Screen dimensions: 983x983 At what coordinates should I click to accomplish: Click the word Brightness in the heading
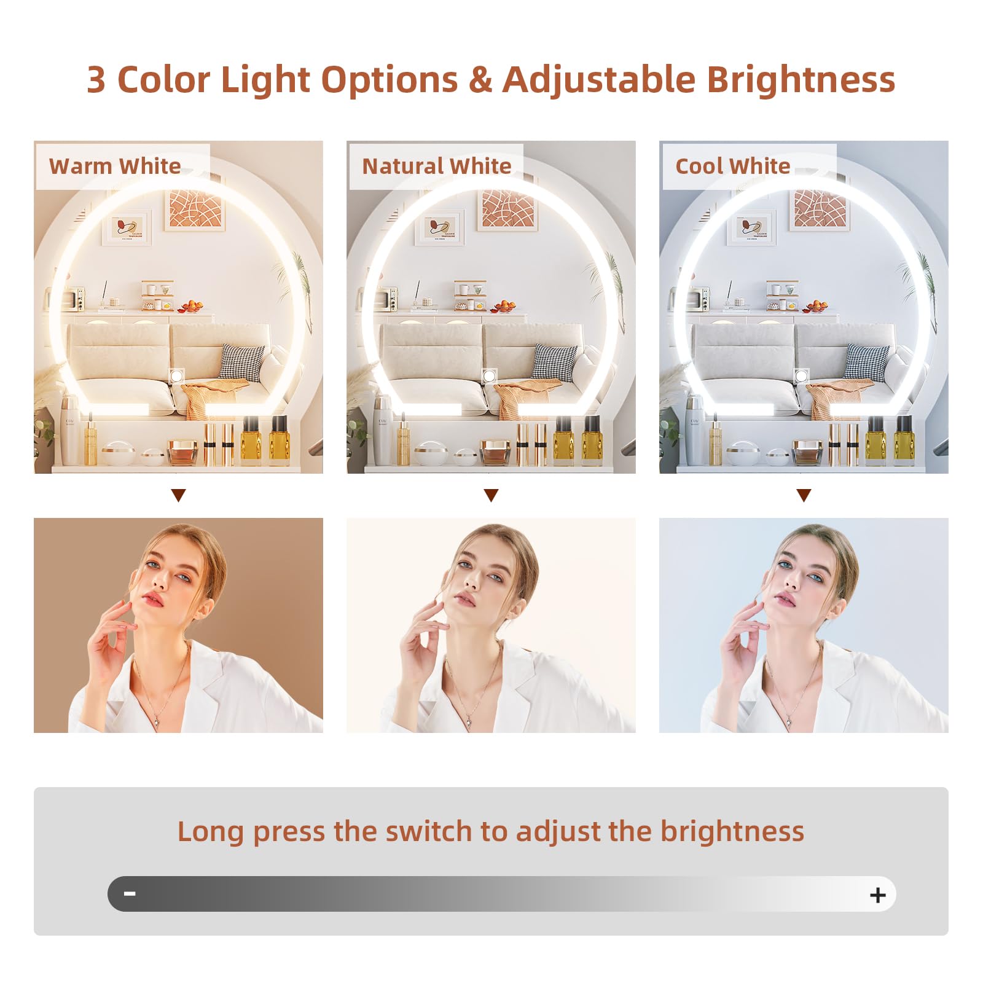coord(801,80)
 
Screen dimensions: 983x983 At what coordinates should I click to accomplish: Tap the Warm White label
coord(115,166)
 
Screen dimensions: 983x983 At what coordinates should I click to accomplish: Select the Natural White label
coord(436,166)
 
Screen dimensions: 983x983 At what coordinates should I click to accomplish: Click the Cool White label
coord(732,166)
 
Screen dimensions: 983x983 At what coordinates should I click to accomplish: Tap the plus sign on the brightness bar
coord(878,895)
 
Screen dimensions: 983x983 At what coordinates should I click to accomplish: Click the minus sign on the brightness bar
coord(130,893)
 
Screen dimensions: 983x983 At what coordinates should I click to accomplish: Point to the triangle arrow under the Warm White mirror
coord(179,495)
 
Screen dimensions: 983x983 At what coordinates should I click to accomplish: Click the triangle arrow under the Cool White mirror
coord(804,495)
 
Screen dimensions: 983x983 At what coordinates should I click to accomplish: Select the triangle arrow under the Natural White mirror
coord(491,495)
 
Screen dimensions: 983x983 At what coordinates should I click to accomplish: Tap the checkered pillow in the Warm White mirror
coord(242,362)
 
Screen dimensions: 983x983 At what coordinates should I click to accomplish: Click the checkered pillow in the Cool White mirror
coord(867,362)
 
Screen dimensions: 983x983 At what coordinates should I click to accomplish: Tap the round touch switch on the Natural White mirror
coord(490,375)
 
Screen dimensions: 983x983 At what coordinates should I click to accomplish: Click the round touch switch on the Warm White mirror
coord(177,375)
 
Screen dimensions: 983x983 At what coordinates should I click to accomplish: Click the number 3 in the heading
coord(96,80)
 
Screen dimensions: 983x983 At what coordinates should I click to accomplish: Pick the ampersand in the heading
coord(480,80)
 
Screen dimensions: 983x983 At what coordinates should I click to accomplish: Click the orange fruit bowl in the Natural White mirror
coord(504,305)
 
